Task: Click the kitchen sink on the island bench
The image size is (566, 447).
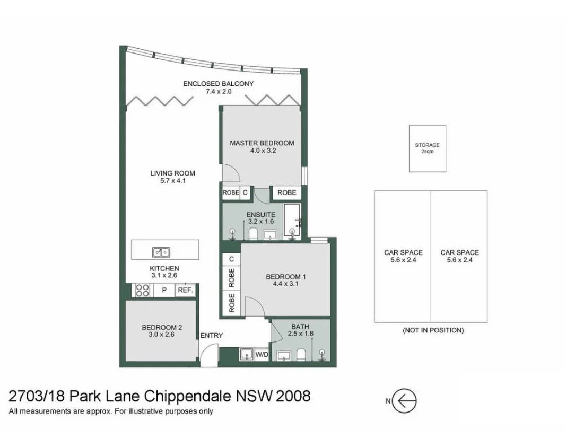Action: click(x=161, y=252)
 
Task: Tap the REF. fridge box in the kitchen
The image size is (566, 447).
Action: click(x=185, y=290)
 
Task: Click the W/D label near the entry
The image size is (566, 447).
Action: click(x=262, y=355)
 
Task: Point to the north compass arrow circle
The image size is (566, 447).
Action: click(x=404, y=401)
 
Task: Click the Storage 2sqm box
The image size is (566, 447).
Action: click(x=428, y=148)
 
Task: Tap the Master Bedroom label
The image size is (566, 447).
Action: click(x=262, y=143)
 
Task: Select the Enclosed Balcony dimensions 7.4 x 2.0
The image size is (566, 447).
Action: click(x=219, y=92)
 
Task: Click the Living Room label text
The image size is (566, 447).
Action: click(x=172, y=173)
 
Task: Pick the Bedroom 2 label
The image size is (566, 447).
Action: click(x=162, y=328)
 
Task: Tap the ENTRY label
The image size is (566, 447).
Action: click(x=212, y=336)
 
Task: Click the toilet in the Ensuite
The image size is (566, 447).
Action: click(x=253, y=234)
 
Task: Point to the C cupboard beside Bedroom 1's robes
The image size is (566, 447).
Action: click(x=231, y=259)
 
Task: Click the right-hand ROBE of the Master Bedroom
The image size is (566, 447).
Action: click(x=286, y=192)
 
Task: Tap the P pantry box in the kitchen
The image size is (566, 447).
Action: click(x=164, y=290)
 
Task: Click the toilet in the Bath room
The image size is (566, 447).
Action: click(x=301, y=355)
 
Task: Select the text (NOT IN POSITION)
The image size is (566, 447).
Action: click(x=433, y=330)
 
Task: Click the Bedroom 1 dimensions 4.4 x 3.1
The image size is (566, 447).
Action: click(x=285, y=284)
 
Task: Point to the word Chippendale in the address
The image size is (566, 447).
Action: click(x=187, y=396)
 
